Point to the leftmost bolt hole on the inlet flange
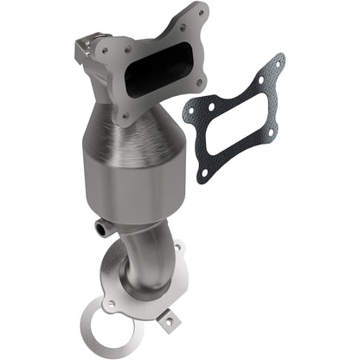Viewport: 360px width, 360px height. [x=105, y=50]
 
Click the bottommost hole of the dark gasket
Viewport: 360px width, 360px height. [x=202, y=173]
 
